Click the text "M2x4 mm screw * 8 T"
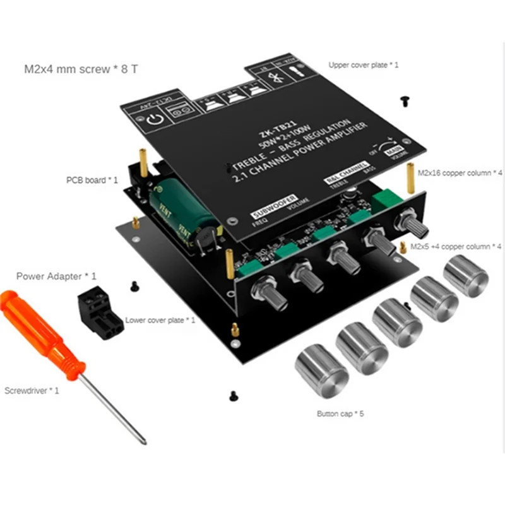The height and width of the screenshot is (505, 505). pos(80,68)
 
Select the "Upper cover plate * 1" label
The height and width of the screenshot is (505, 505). pos(364,65)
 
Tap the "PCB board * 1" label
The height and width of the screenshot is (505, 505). pos(92,180)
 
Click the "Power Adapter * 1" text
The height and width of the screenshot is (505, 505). pos(56,276)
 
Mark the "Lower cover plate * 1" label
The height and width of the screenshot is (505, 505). pos(160,321)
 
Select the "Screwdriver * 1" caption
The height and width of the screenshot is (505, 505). pos(32,391)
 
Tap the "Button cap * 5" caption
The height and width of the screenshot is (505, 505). pos(340,413)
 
